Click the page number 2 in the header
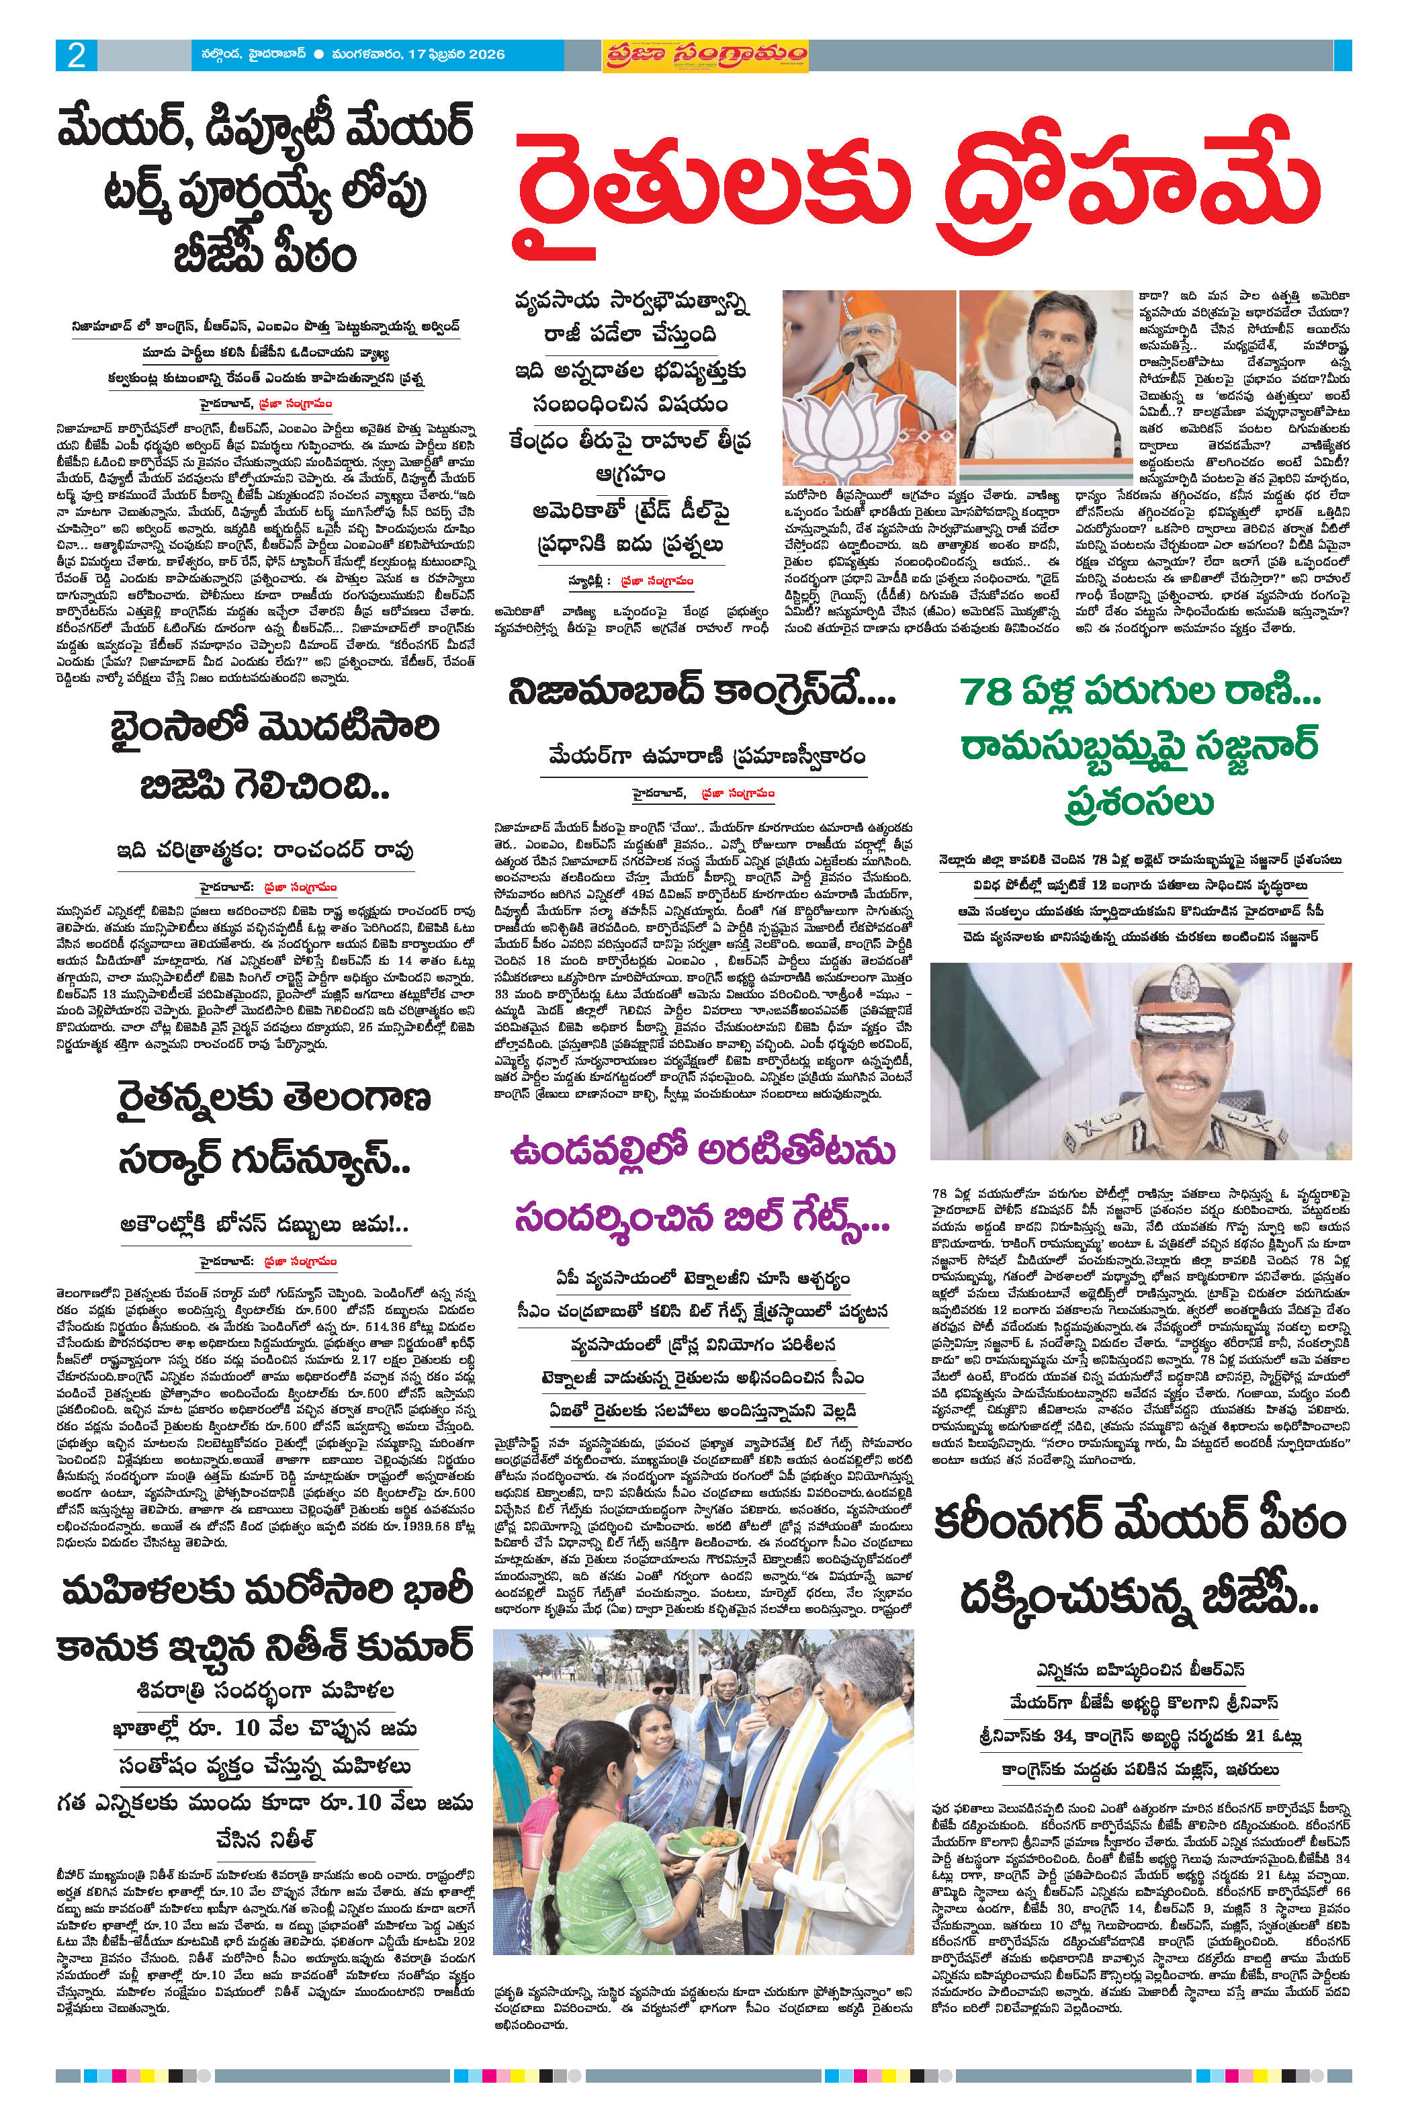(x=77, y=56)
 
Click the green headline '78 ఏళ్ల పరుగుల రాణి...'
(x=1139, y=691)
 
